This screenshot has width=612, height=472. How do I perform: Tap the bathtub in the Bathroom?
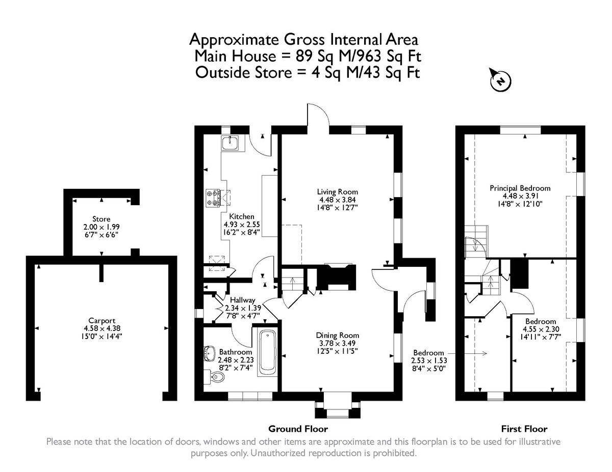tap(267, 353)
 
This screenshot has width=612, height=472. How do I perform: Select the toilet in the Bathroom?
tap(215, 376)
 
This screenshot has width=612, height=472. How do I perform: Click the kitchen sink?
tap(231, 143)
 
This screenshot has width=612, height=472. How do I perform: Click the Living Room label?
tap(338, 192)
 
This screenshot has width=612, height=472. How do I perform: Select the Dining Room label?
tap(338, 336)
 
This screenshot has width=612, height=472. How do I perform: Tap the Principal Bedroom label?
tap(520, 188)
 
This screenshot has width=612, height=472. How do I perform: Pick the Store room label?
tap(101, 219)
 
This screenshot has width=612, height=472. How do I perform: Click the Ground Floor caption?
tap(298, 429)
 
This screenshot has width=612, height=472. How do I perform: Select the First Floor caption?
tap(524, 429)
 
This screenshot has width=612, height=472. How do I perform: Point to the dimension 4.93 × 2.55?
tap(242, 225)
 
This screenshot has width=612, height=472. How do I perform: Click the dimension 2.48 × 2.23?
tap(236, 360)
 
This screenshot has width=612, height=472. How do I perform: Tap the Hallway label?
tap(242, 300)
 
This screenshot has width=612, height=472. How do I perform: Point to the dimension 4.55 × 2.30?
tap(541, 329)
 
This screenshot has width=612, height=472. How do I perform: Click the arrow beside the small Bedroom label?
tap(467, 353)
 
